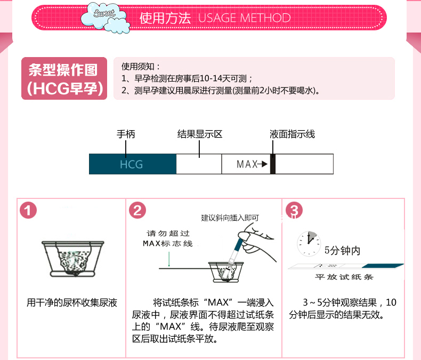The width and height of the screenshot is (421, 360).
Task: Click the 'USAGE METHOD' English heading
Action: (244, 18)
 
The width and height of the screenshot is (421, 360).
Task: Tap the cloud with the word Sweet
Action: (106, 17)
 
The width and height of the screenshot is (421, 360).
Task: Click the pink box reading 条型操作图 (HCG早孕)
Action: (64, 78)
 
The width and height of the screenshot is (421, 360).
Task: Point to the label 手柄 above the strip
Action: (126, 134)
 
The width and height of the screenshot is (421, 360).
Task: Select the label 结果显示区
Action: (200, 134)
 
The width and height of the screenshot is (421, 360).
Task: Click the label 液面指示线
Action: (292, 134)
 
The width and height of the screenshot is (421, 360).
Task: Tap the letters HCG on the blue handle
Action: (131, 164)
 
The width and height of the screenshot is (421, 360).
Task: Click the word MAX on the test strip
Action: (247, 164)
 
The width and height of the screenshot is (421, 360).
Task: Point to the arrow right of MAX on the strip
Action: (263, 164)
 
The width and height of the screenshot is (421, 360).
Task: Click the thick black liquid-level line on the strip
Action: (273, 164)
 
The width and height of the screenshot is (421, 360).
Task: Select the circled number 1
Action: (28, 210)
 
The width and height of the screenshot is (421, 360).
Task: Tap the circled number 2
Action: (137, 210)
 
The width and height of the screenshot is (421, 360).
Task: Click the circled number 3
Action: (294, 210)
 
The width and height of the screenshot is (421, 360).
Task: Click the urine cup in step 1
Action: (73, 259)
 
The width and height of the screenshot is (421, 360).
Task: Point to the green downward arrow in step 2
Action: (169, 259)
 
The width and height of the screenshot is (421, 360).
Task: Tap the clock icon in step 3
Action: (309, 243)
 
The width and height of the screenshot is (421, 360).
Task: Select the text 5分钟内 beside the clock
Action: (342, 250)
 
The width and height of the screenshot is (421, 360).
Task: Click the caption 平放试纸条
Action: (344, 277)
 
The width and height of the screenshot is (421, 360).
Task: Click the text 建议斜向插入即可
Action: (230, 218)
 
